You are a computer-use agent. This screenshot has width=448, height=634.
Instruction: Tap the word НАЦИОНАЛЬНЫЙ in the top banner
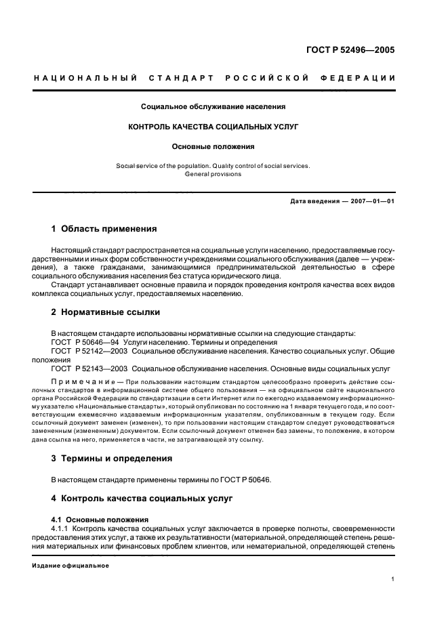coord(85,79)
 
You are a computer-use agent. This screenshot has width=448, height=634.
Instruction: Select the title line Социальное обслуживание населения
coord(213,106)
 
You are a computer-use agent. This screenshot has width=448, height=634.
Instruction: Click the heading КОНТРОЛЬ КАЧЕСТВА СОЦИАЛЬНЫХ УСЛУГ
coord(213,127)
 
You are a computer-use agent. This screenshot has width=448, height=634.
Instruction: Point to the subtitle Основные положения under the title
coord(213,146)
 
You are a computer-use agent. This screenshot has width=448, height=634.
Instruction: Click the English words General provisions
coord(213,174)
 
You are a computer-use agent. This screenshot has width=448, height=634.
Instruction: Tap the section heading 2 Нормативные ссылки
coord(107,313)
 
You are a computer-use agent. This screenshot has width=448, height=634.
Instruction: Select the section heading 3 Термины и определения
coord(112,459)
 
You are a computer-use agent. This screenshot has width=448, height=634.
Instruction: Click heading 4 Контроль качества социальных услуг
coord(142,499)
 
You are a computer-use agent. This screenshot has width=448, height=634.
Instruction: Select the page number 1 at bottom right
coord(393,579)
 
